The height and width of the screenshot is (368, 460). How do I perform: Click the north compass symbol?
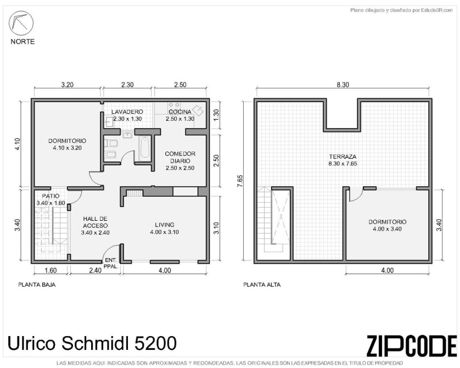tap(21, 23)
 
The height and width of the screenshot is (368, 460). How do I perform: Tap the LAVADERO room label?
tap(127, 112)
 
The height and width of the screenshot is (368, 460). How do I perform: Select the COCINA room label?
tap(180, 112)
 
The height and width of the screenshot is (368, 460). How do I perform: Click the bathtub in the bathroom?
tap(145, 148)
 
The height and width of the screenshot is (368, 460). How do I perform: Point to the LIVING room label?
tap(165, 225)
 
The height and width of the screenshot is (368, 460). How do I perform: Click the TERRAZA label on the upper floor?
tap(343, 157)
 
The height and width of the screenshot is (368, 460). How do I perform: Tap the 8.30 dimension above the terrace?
tap(343, 85)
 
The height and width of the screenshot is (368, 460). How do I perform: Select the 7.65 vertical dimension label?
tap(240, 181)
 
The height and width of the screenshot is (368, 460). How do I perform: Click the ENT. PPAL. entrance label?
tap(111, 263)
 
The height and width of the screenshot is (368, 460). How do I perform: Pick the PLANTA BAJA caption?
tap(37, 285)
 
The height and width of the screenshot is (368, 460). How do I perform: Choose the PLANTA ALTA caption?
tap(262, 285)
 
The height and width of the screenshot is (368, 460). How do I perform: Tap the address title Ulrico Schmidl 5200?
tap(92, 343)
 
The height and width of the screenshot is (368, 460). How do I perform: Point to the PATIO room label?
tap(51, 196)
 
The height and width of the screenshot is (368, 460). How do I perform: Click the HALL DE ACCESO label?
tap(95, 222)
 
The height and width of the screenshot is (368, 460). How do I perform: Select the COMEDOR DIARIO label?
tap(180, 157)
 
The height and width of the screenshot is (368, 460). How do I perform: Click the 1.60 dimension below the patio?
tap(51, 270)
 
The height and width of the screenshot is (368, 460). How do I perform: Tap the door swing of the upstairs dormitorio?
tap(356, 195)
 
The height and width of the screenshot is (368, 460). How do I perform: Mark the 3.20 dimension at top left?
tap(67, 85)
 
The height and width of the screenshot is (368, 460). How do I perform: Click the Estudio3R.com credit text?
tap(402, 10)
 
